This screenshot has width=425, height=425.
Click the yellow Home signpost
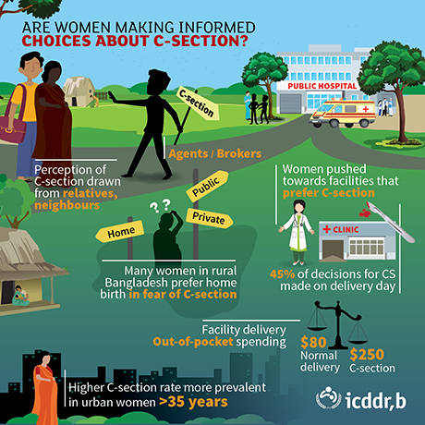coord(120,231)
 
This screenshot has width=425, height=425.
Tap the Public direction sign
coord(207,186)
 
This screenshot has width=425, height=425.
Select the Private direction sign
coord(209,218)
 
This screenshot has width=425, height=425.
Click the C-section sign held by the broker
coord(199,103)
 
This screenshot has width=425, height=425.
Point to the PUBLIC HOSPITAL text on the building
coord(322,86)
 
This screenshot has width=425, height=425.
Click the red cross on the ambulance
coord(366,109)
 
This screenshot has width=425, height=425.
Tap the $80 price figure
coord(313,342)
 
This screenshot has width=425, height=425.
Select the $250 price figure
coord(367,355)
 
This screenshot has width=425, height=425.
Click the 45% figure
coord(282,273)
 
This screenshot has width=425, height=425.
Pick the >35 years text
coord(193,402)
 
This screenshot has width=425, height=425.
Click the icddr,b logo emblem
coord(328,400)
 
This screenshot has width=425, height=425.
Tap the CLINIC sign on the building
coord(341,229)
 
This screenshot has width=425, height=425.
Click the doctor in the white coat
coord(297,232)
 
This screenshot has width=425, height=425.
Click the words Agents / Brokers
coord(215,153)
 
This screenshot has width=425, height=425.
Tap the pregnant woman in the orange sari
coord(45,388)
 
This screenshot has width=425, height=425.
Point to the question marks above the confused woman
coord(160,206)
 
